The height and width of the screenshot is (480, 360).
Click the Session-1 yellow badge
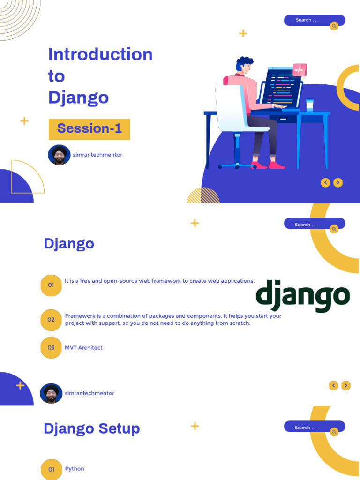(89, 129)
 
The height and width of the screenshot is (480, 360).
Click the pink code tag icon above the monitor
(299, 70)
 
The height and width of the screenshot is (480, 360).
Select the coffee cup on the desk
(309, 104)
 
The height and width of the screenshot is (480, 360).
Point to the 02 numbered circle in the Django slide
(51, 320)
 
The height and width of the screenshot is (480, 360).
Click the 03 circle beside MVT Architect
(51, 347)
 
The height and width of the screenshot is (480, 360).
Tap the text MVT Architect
(83, 348)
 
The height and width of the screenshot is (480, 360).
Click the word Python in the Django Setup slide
(75, 469)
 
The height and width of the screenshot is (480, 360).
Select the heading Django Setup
(91, 428)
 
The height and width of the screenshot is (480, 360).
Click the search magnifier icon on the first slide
(334, 26)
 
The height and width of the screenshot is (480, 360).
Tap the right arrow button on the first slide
(338, 183)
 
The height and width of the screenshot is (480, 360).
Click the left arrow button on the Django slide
(334, 385)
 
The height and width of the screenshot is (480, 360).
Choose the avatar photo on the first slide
(59, 155)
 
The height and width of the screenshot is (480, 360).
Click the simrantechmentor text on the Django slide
(89, 393)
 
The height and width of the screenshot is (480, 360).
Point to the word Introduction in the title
(100, 54)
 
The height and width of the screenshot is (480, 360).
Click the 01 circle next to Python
(51, 469)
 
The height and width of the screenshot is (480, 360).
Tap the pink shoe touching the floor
(277, 165)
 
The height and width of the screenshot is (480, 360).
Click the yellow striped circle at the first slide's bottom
(203, 196)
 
